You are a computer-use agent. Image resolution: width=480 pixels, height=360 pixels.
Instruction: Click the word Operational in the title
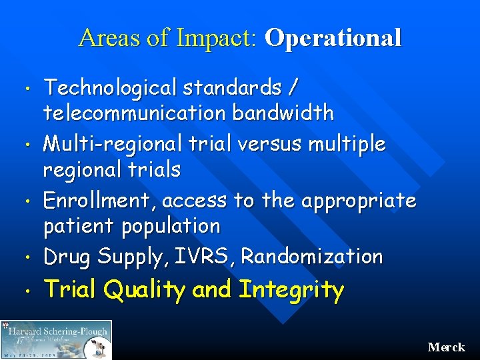click(333, 38)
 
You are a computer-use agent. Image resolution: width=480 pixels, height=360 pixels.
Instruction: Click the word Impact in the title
click(216, 38)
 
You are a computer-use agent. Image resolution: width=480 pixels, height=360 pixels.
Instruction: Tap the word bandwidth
click(283, 113)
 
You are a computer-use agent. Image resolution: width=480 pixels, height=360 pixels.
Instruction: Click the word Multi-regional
click(104, 143)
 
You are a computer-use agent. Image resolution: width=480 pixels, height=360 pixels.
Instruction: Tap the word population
click(171, 227)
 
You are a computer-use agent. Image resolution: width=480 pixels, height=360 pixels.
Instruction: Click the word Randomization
click(312, 256)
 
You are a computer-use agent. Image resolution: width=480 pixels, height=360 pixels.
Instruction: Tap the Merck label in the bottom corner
click(446, 347)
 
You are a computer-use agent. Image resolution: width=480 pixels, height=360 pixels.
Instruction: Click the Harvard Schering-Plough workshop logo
click(57, 339)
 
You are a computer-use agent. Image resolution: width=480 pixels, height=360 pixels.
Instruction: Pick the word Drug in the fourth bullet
click(67, 256)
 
